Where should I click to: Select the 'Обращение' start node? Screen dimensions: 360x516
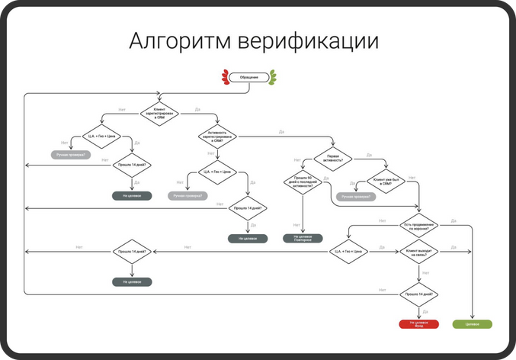pyautogui.click(x=249, y=77)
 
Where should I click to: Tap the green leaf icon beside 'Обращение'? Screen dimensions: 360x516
pyautogui.click(x=273, y=77)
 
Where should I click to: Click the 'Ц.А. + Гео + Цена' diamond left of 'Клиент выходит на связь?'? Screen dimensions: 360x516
pyautogui.click(x=351, y=252)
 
